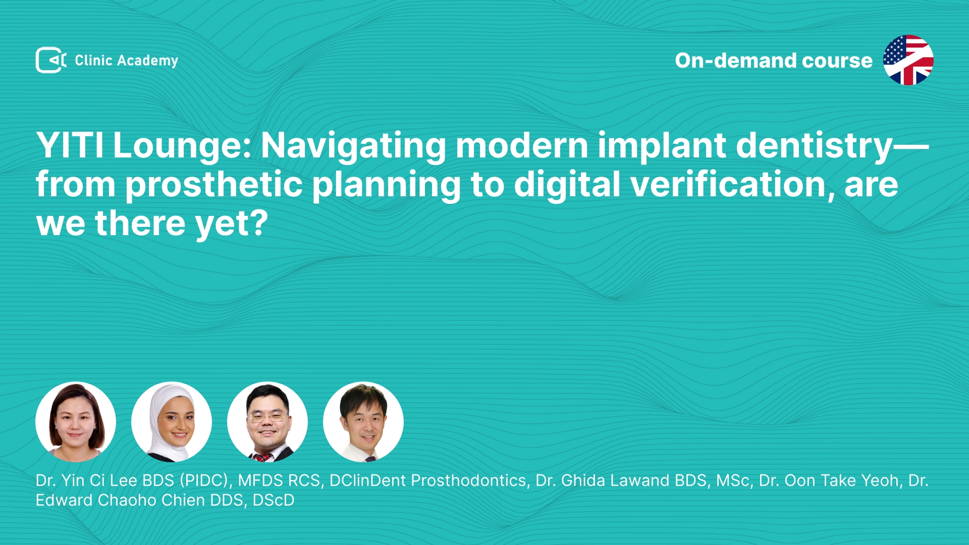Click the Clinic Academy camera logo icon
pyautogui.click(x=51, y=60)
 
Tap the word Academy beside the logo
pyautogui.click(x=147, y=61)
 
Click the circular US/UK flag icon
pyautogui.click(x=908, y=60)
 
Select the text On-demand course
pyautogui.click(x=774, y=61)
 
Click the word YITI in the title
pyautogui.click(x=70, y=145)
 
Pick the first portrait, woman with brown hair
pyautogui.click(x=76, y=422)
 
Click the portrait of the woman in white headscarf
pyautogui.click(x=172, y=422)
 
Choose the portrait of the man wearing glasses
pyautogui.click(x=267, y=422)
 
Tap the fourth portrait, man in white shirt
pyautogui.click(x=363, y=422)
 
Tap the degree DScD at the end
pyautogui.click(x=273, y=500)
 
